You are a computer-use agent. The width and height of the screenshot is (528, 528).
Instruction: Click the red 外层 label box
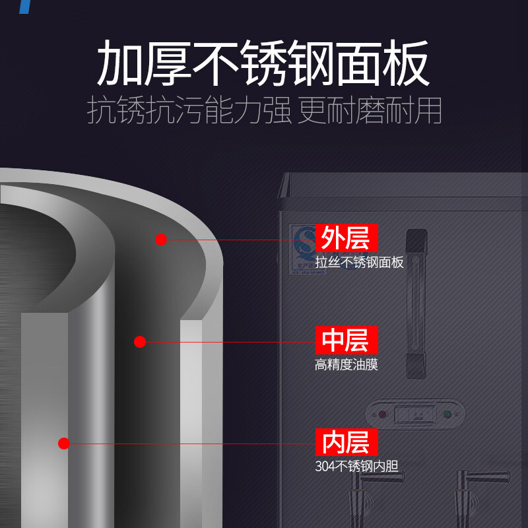pyautogui.click(x=346, y=238)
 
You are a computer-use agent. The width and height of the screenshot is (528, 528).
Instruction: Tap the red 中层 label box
pyautogui.click(x=346, y=340)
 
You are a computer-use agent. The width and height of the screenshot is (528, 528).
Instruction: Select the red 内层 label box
pyautogui.click(x=346, y=442)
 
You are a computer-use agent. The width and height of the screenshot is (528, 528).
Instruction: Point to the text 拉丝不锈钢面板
pyautogui.click(x=359, y=262)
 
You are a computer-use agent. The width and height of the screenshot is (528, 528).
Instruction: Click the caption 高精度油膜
pyautogui.click(x=346, y=364)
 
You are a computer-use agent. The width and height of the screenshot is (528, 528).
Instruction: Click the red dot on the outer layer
pyautogui.click(x=161, y=240)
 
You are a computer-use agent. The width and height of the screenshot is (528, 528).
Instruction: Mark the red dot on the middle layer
pyautogui.click(x=139, y=342)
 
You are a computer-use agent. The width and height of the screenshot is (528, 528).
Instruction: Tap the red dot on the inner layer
pyautogui.click(x=64, y=444)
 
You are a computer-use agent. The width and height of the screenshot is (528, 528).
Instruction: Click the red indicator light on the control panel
pyautogui.click(x=383, y=415)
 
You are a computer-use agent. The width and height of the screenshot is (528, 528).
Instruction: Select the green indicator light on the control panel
pyautogui.click(x=448, y=415)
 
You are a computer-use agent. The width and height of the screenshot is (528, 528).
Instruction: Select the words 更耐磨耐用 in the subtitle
pyautogui.click(x=370, y=111)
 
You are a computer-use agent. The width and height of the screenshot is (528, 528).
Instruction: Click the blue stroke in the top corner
pyautogui.click(x=24, y=7)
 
